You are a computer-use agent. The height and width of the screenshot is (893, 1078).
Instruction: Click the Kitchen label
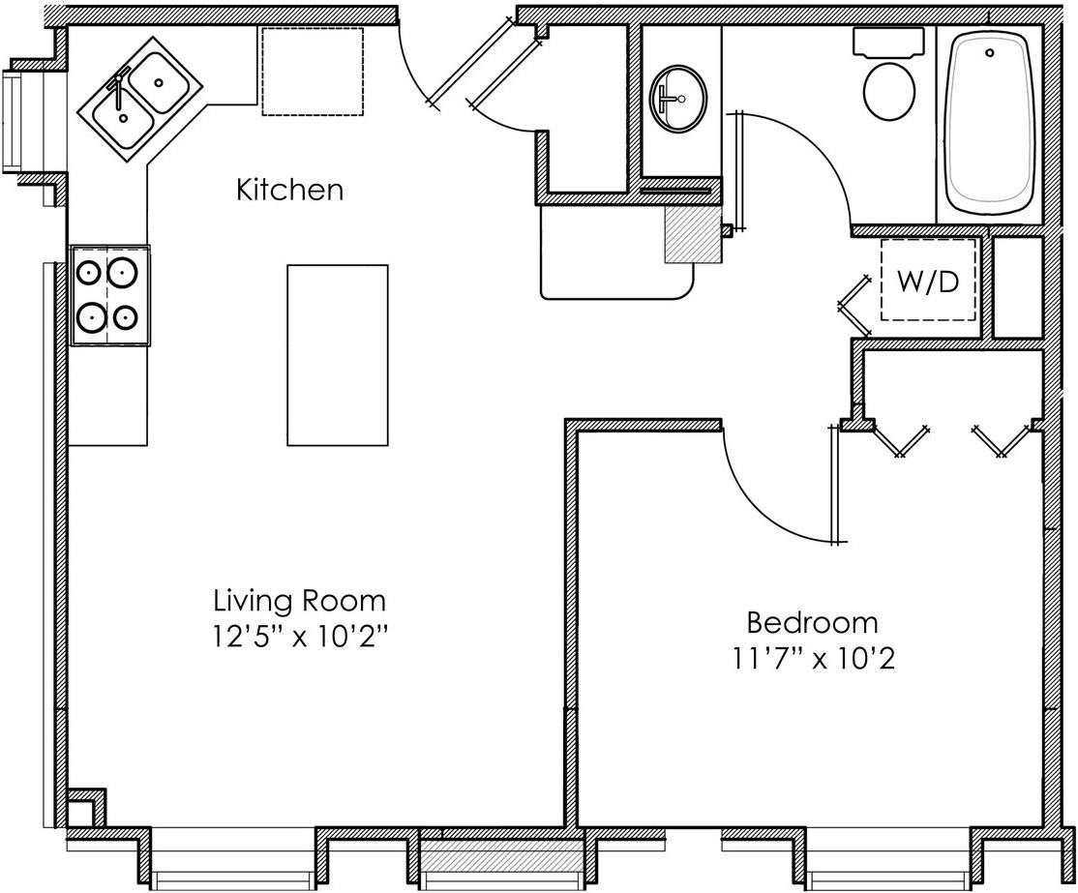pos(289,190)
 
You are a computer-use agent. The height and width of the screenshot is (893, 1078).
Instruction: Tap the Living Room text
pos(299,601)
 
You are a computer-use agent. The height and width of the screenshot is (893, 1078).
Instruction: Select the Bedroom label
pos(812,621)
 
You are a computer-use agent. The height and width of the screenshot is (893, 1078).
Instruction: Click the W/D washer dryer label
pos(927,282)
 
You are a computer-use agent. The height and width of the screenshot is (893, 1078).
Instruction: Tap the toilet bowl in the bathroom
pos(888,91)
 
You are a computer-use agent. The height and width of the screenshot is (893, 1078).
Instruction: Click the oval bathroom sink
pos(679,98)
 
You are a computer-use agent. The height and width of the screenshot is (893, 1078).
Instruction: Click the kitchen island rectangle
pos(337,355)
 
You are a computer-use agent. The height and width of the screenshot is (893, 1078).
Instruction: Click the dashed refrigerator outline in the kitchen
pos(313,72)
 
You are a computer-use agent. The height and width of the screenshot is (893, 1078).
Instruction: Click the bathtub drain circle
pos(989,53)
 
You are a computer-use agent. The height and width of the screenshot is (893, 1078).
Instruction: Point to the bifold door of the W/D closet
pos(853,306)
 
